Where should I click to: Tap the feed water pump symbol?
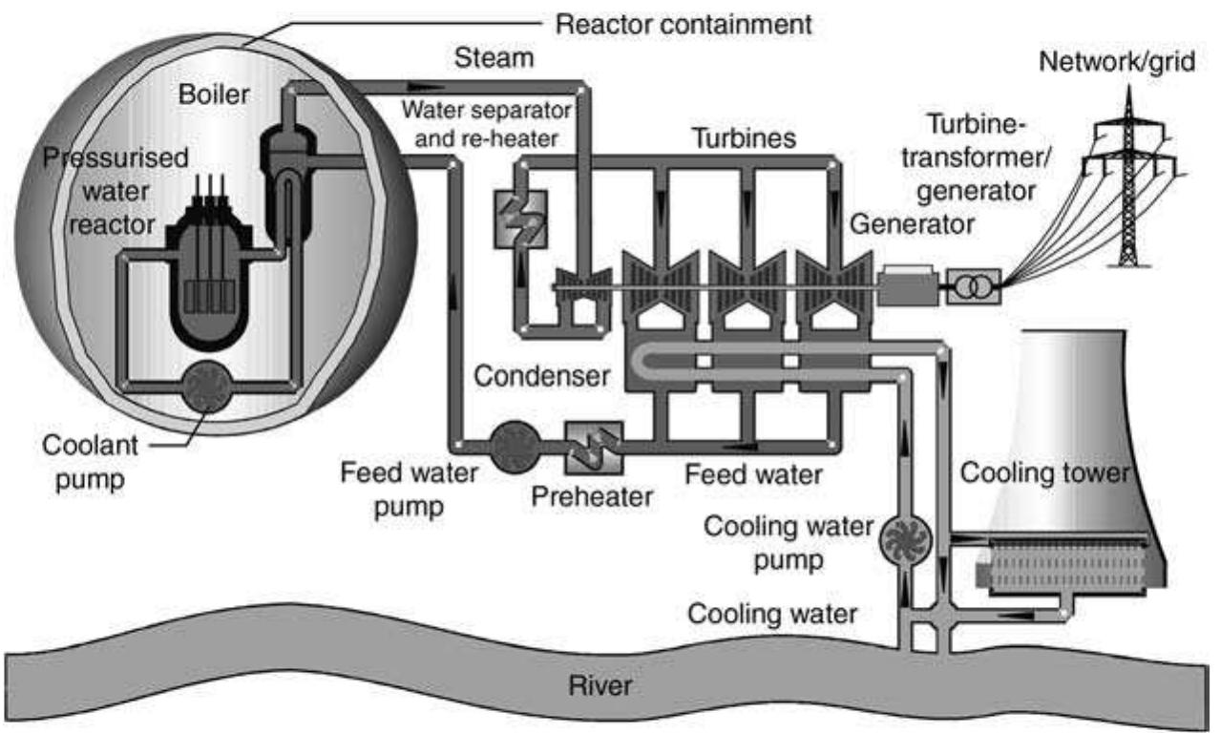coord(514,444)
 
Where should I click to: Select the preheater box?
coord(592,446)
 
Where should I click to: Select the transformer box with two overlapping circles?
coord(973,284)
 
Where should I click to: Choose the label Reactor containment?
coord(684,24)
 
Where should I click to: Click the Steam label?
coord(494,59)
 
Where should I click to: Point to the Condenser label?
coord(542,377)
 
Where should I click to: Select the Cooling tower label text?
coord(1044,472)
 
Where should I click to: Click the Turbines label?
coord(744,138)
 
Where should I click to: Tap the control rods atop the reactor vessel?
coord(210,196)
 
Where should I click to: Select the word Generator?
coord(912,225)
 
